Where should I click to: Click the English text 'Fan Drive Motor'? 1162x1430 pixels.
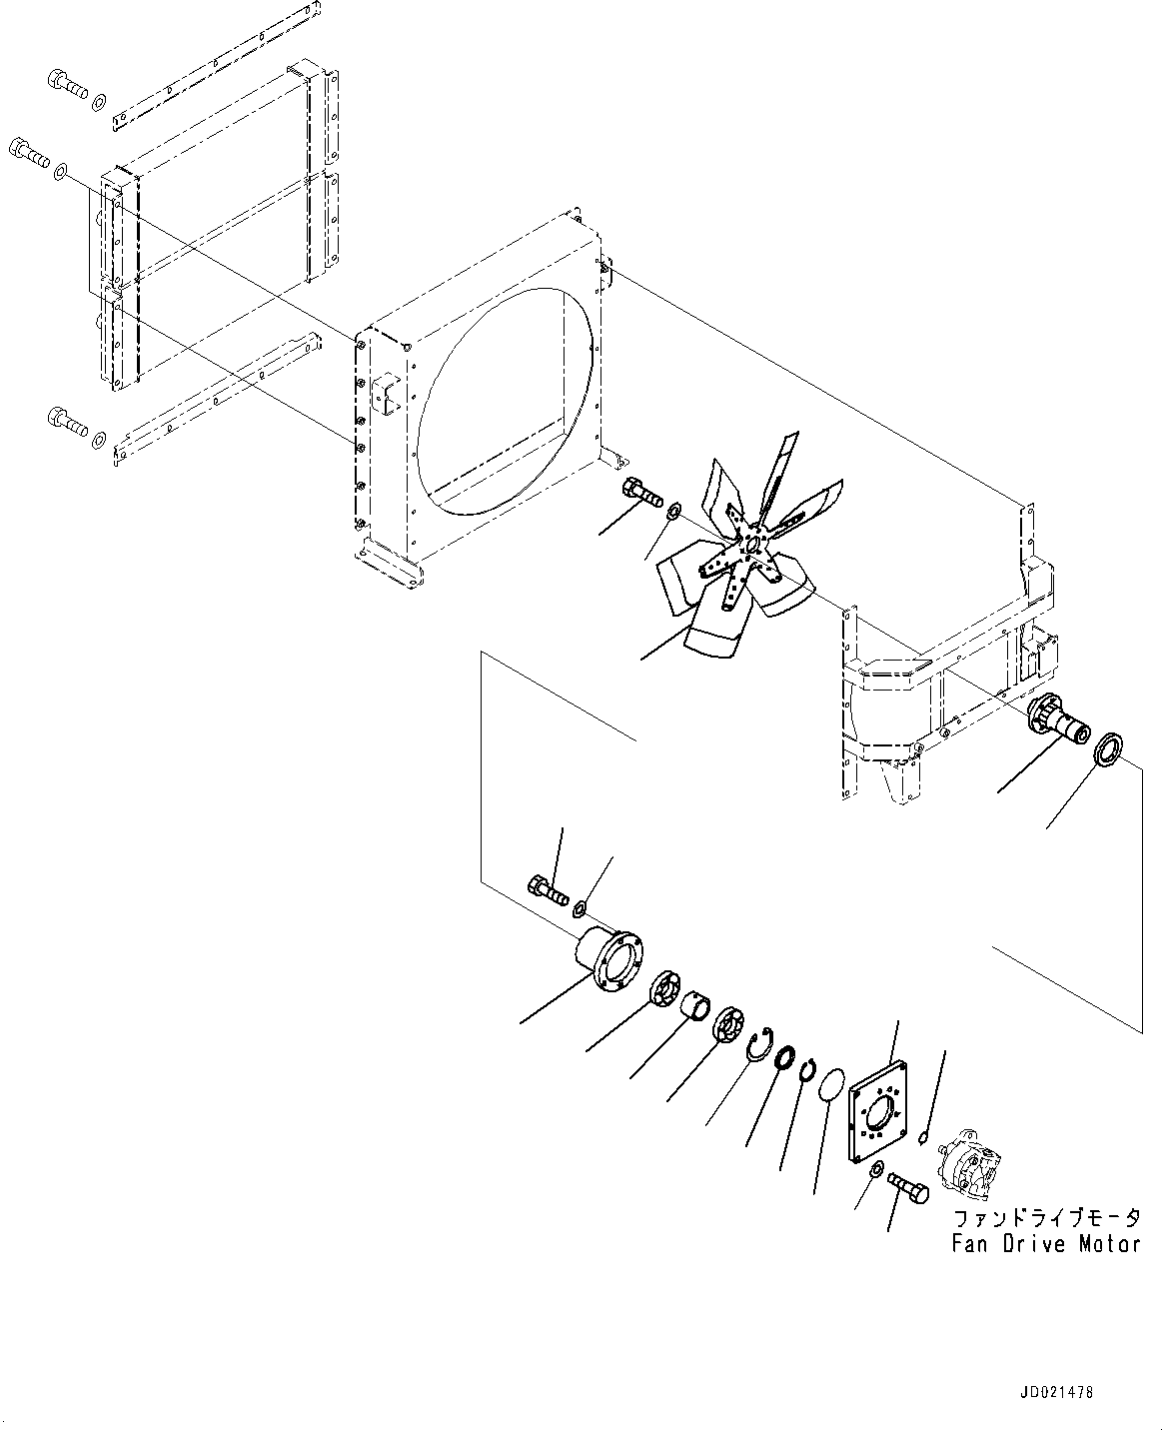[1045, 1244]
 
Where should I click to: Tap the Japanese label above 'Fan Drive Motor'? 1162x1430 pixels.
[1045, 1219]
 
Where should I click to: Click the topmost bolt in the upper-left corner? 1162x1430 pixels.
[67, 84]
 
